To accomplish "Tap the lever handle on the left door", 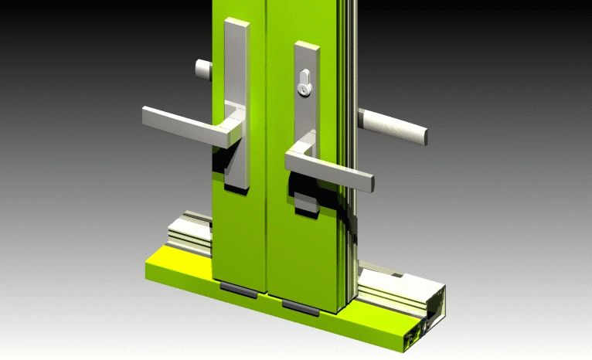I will (x=185, y=124).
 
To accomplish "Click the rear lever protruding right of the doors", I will (x=394, y=126).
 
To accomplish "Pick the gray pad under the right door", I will (x=300, y=307).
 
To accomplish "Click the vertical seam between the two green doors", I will (x=264, y=155).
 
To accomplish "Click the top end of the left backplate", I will (x=237, y=23).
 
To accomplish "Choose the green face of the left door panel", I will (x=240, y=232).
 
